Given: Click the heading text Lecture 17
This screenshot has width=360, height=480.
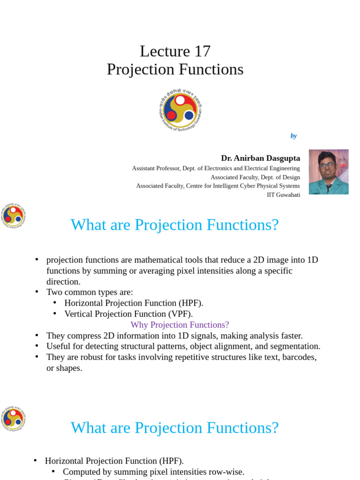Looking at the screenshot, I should coord(175,51).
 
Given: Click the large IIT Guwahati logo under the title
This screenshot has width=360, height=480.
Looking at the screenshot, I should coord(180,110).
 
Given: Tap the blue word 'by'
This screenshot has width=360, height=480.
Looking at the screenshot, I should coord(293,136).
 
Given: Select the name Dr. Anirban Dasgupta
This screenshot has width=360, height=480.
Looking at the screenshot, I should coord(260,158).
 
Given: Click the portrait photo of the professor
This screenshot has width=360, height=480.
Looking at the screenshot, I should coord(329,172).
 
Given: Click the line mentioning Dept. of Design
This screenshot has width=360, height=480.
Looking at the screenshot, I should coord(255,177).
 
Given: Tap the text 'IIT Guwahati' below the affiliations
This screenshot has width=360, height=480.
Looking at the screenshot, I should coord(283,195).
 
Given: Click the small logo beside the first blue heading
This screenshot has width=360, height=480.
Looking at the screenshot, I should coord(13,215).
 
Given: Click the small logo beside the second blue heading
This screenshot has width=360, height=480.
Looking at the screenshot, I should coord(13,418).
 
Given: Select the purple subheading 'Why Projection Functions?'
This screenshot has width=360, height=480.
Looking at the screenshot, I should coord(180,325).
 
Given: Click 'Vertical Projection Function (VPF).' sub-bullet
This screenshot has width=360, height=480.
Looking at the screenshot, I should coord(128,314).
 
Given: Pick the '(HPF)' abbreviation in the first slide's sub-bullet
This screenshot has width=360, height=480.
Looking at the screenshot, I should coord(191,303).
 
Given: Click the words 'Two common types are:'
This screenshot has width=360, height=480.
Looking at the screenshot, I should coord(90,292).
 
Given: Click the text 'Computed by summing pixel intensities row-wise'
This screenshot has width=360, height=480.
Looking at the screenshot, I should coord(153,472).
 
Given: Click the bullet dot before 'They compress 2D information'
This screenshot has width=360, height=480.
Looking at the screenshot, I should coord(37,336).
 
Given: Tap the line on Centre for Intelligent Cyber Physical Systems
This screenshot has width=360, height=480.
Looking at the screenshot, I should coord(218,186).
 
